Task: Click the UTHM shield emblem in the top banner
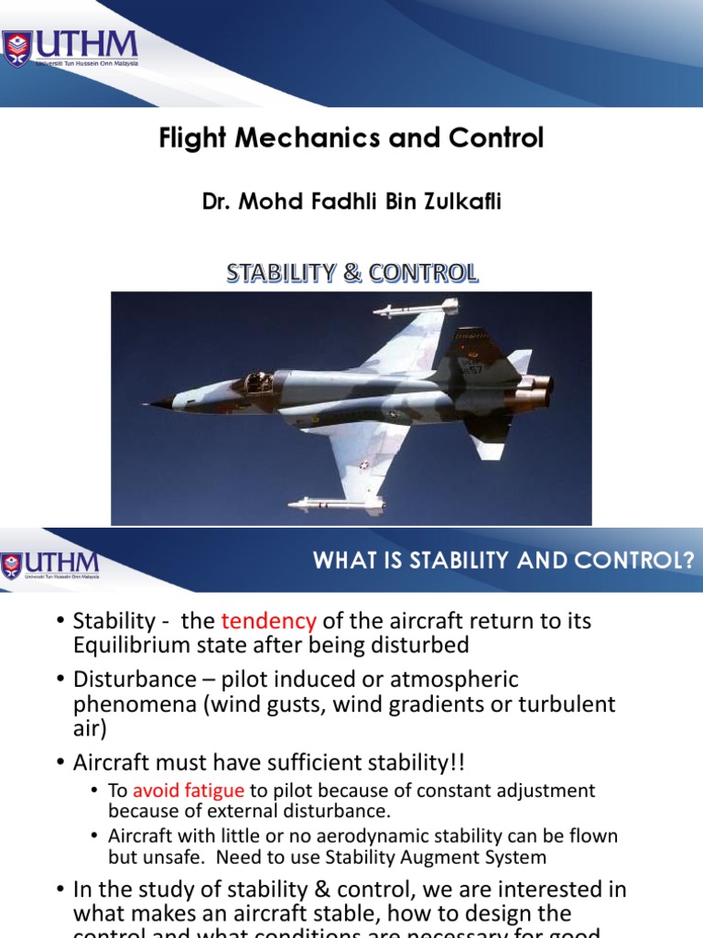pos(17,48)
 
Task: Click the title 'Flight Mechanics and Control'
pos(351,138)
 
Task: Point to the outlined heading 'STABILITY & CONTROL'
pos(351,273)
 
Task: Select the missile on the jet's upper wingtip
pos(416,309)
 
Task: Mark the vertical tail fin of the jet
pos(476,353)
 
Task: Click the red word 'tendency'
pos(268,621)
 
